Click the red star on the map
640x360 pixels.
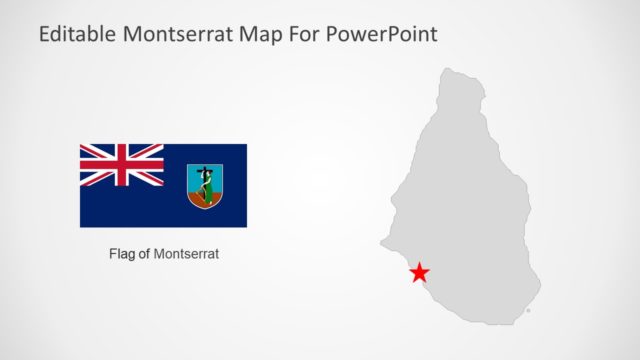pos(420,272)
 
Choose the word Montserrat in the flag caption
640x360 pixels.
pos(186,254)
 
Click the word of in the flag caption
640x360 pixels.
pos(144,254)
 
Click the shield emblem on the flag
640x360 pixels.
pos(204,186)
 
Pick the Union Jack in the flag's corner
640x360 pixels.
pos(122,165)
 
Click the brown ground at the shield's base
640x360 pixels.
pos(204,200)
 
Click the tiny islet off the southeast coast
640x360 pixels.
pos(528,311)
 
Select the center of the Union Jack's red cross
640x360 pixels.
pos(122,165)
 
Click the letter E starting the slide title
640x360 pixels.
pos(45,34)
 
